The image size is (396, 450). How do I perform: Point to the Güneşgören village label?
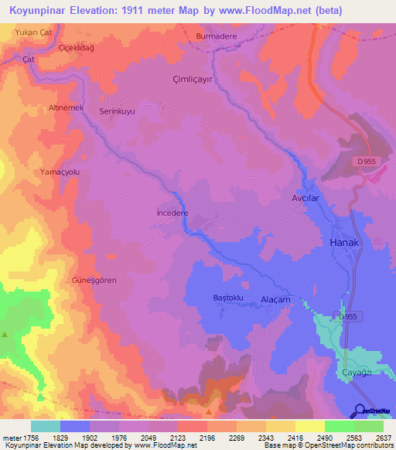point(94,280)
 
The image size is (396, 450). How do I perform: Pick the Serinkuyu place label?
point(118,111)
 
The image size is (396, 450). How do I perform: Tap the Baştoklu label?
point(228,298)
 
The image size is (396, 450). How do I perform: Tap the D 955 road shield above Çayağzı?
point(349,316)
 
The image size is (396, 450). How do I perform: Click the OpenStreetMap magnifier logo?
point(360,411)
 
